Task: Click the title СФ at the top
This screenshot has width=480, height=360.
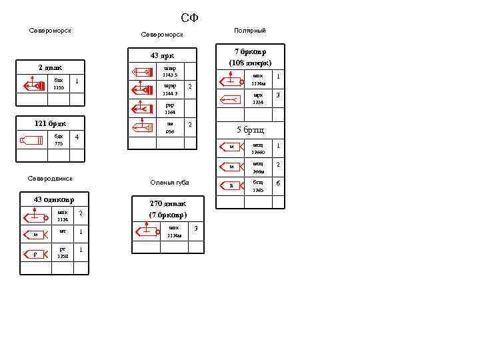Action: click(x=190, y=17)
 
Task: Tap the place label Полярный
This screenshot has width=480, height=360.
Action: click(x=249, y=31)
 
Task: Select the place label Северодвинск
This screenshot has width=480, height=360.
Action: click(x=50, y=179)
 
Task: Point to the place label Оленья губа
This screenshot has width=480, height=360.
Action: click(x=169, y=183)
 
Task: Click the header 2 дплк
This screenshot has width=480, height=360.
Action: click(x=50, y=67)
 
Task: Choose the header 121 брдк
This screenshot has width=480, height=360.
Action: click(x=50, y=123)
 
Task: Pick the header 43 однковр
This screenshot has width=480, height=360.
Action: click(x=54, y=199)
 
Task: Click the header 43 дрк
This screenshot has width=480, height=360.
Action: click(x=162, y=55)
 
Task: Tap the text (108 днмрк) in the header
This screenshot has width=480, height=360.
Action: click(x=250, y=63)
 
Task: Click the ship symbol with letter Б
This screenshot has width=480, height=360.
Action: click(x=231, y=186)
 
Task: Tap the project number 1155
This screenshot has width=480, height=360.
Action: click(x=59, y=87)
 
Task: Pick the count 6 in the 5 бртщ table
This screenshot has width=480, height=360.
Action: click(x=278, y=183)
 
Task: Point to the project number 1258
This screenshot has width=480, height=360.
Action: click(x=63, y=256)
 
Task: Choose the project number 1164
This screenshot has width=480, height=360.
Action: click(x=169, y=112)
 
